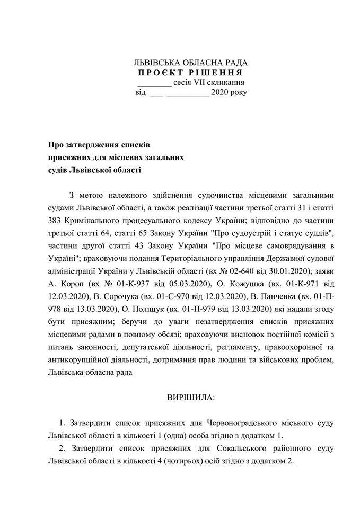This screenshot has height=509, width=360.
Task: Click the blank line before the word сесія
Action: coord(154,84)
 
